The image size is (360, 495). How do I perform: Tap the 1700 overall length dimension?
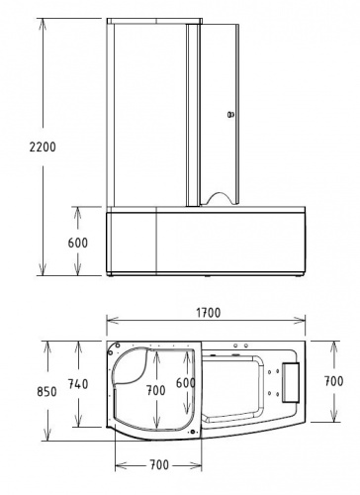click(208, 312)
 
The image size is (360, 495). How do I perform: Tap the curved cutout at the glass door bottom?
click(218, 190)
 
